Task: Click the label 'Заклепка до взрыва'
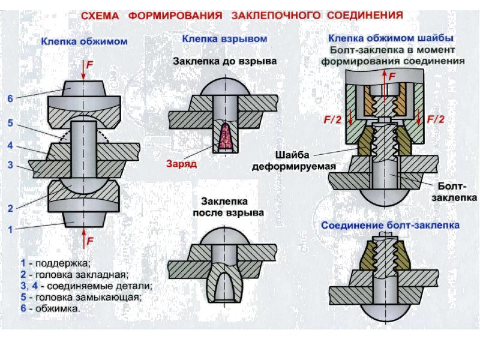[224, 61]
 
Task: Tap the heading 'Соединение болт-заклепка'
[391, 226]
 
